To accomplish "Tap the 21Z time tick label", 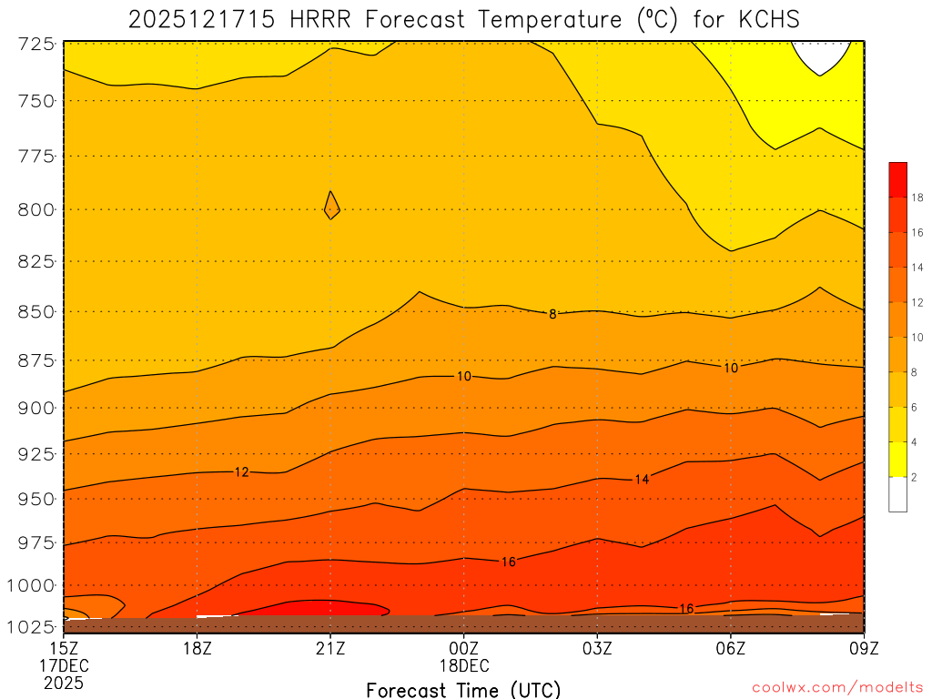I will [330, 647].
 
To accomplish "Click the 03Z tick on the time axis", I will [597, 647].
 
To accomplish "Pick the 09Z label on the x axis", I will [863, 647].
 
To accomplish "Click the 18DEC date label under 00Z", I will [464, 664].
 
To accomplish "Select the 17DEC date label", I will [66, 664].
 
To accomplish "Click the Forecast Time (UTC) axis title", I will [463, 689].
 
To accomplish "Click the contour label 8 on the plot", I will [552, 314].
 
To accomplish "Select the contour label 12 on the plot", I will [241, 472].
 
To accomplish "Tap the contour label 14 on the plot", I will [642, 479].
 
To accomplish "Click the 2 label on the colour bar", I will [914, 477].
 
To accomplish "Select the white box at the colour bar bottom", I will [897, 494].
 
